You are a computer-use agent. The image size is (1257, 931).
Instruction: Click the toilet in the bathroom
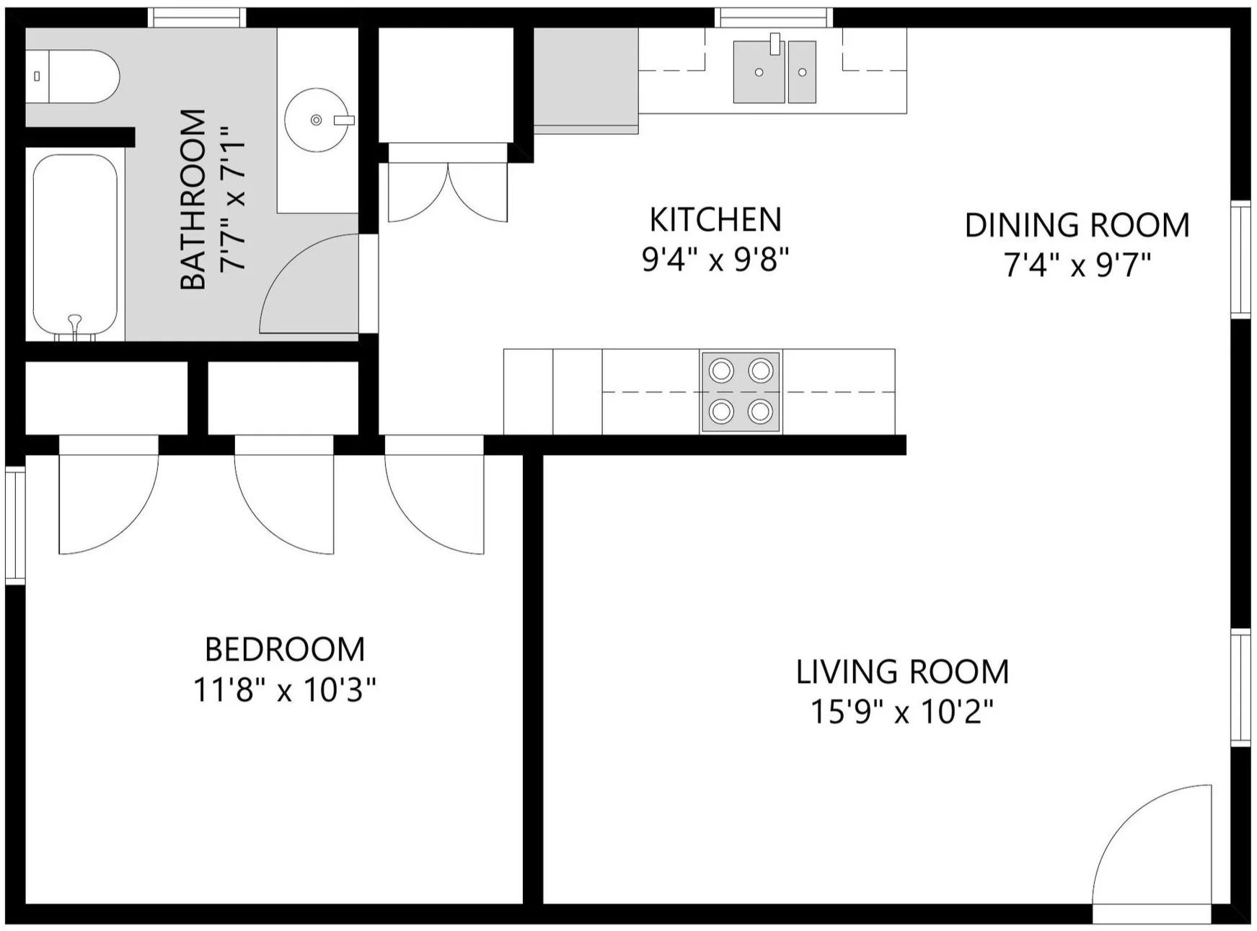coord(76,76)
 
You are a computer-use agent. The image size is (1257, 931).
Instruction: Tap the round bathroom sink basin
coord(316,120)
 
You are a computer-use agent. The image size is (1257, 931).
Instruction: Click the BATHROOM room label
coord(193,200)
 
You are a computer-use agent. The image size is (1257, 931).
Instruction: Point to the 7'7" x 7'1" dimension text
coord(234,200)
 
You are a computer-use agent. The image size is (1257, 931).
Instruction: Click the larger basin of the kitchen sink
coord(759,72)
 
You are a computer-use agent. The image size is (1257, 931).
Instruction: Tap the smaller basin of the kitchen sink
coord(802,72)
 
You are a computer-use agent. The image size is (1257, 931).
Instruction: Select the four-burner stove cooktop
coord(741,392)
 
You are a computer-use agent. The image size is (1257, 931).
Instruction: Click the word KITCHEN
coord(715,220)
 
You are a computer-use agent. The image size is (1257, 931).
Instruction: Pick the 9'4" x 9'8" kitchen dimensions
coord(715,260)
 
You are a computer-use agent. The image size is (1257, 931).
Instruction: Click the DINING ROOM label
coord(1077,226)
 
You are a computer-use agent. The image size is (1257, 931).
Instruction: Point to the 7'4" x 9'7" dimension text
coord(1077,265)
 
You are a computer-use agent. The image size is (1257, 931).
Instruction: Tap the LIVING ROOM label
coord(901,672)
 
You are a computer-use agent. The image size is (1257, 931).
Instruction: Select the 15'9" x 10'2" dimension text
coord(901,712)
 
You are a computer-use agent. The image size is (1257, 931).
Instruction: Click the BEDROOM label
coord(285,650)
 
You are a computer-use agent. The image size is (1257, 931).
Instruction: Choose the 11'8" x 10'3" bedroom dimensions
coord(285,690)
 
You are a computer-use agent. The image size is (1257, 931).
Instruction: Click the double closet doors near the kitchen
coord(448,191)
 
